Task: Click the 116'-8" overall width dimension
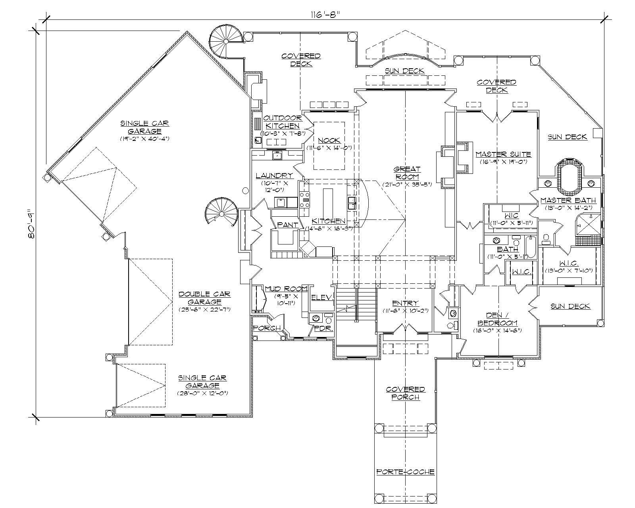(326, 14)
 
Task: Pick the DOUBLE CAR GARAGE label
(204, 298)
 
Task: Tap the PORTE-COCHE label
(405, 472)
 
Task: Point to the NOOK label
(329, 140)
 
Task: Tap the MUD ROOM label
(286, 289)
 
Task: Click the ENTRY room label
(405, 303)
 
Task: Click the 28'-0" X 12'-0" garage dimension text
(202, 393)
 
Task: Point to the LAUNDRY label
(274, 175)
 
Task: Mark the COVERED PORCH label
(405, 393)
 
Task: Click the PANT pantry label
(288, 225)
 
